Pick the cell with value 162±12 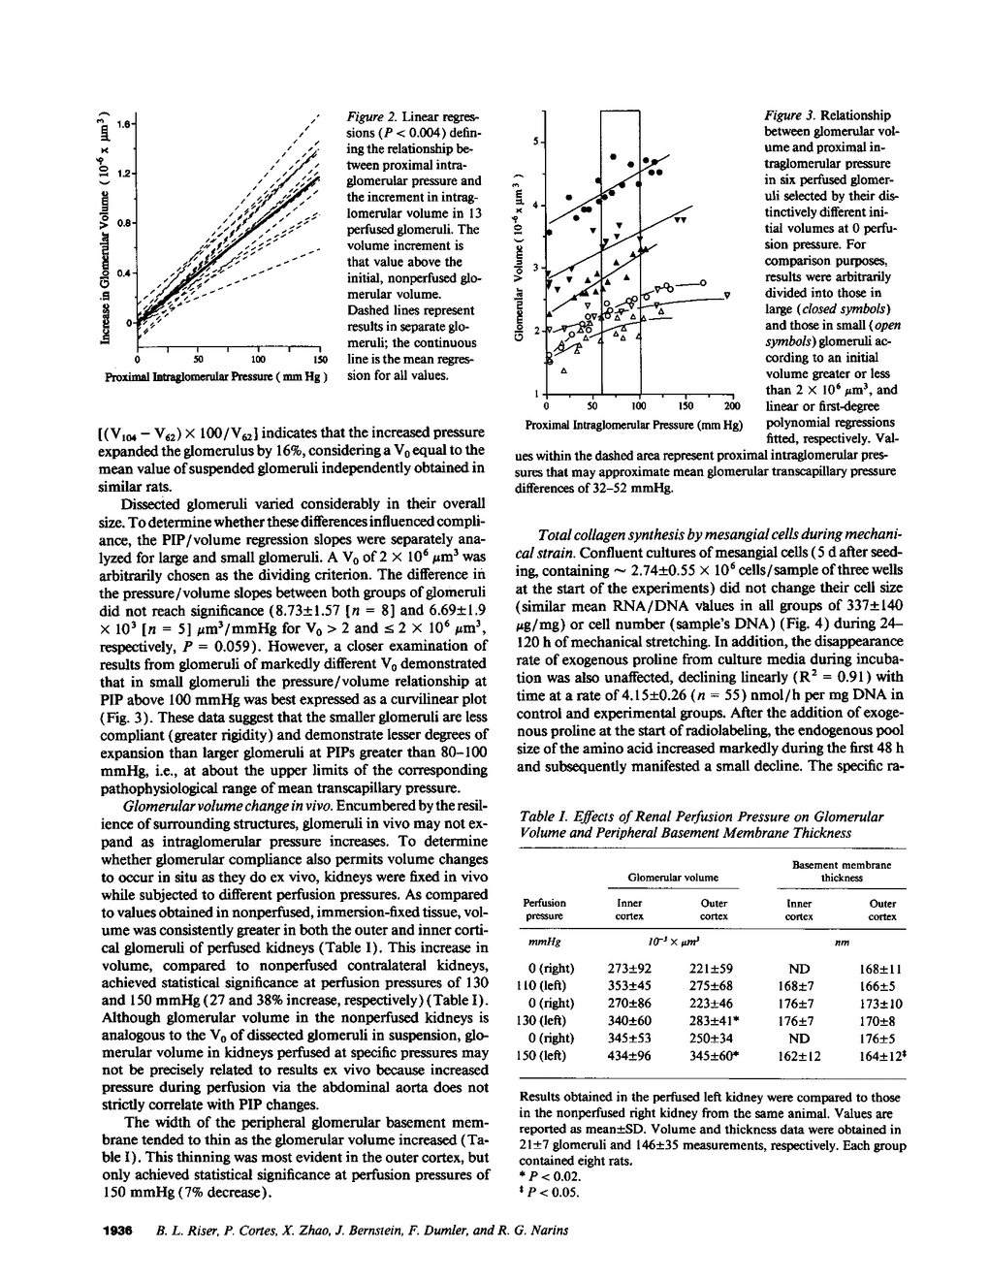point(799,1055)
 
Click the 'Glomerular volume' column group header point(673,877)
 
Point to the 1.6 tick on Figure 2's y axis point(123,124)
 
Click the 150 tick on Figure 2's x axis point(319,360)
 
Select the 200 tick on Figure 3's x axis point(732,405)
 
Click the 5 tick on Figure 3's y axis point(536,143)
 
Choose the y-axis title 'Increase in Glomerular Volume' point(105,230)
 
